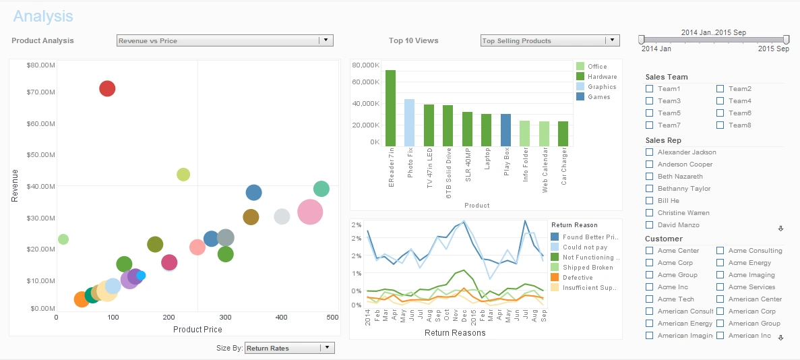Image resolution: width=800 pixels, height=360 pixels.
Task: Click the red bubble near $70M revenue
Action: pos(107,88)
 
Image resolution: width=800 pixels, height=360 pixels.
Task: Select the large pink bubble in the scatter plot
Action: pos(310,212)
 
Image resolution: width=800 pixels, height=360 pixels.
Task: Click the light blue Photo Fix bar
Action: pos(409,123)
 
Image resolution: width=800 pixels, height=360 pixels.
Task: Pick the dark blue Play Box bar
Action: pos(505,130)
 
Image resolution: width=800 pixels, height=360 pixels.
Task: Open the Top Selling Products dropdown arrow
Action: pos(612,40)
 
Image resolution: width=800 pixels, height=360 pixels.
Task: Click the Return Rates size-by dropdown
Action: pos(326,348)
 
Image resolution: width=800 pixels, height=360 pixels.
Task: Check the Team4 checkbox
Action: pos(720,101)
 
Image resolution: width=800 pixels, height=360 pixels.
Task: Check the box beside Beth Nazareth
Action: pos(650,177)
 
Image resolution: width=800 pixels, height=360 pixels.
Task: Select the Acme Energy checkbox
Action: pos(720,263)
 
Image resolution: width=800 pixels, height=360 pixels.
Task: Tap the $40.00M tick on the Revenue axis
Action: pos(40,186)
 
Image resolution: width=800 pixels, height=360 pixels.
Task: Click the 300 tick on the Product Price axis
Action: pos(225,317)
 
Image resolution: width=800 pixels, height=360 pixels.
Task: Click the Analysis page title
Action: pos(43,16)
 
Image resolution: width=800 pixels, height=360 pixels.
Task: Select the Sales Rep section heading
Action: pos(664,140)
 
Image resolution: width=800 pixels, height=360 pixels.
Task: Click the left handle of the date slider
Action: pos(642,40)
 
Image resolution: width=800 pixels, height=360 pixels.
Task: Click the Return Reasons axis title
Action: pos(455,333)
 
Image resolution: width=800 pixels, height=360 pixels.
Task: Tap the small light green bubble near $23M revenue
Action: pos(63,239)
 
